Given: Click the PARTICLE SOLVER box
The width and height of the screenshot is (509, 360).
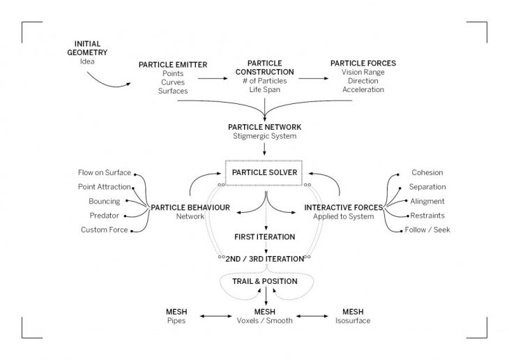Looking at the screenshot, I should (264, 172).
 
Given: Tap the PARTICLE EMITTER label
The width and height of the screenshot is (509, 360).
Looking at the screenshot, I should (173, 65).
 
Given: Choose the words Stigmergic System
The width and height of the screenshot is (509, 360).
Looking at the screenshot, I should (264, 136).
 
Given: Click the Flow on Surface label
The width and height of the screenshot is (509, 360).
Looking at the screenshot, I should (105, 172).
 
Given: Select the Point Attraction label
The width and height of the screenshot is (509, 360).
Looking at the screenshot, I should (105, 187).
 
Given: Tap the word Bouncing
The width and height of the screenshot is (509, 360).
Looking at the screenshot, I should (104, 201).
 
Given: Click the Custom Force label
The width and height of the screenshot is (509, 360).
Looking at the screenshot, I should (105, 230).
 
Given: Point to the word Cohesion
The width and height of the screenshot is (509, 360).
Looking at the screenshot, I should (427, 172).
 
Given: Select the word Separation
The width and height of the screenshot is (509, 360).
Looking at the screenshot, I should (427, 187).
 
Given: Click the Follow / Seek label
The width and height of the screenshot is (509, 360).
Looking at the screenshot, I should (427, 230).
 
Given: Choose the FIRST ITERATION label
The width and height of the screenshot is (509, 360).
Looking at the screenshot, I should (264, 237).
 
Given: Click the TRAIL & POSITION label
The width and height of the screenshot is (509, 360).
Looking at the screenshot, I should (264, 281).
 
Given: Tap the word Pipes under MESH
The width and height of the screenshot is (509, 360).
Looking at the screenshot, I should (176, 322).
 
